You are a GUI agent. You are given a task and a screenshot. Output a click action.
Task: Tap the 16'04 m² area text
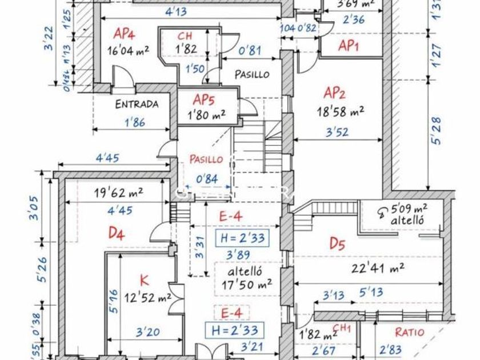tap(128, 50)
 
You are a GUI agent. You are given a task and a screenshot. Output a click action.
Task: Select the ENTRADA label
tap(137, 104)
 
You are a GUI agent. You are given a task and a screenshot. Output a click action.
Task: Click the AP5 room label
tap(203, 100)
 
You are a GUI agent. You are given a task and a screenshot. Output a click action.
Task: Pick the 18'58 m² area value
tap(341, 111)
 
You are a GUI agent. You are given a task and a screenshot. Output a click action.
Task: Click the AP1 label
tap(348, 46)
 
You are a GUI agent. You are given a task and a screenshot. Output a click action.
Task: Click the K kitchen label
tap(144, 280)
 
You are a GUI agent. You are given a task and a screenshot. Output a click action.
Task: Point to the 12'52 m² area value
tap(148, 297)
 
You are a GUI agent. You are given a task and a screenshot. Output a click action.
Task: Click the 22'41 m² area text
tap(382, 266)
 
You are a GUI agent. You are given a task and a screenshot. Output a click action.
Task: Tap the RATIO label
tap(410, 332)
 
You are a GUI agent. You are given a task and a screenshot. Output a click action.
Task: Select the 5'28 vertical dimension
tap(437, 131)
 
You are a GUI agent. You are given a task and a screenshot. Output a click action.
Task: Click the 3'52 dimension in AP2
tap(336, 132)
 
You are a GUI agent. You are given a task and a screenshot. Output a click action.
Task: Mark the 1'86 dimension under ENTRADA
tap(134, 122)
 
